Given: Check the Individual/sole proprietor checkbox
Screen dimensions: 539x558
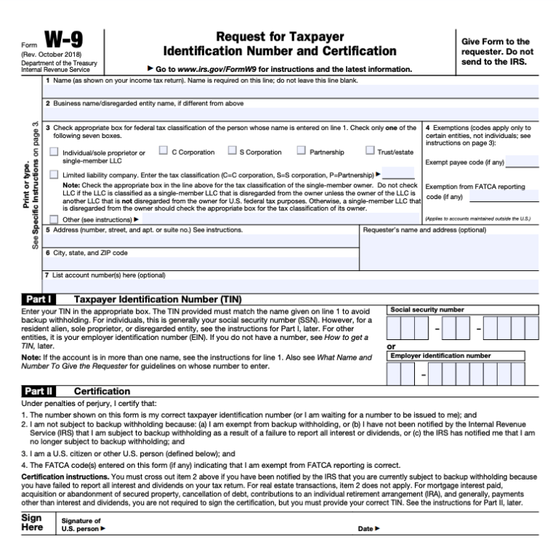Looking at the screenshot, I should pos(54,152).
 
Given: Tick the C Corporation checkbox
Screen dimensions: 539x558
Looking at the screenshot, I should pos(163,151).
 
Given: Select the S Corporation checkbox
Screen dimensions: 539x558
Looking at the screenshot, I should pos(232,151).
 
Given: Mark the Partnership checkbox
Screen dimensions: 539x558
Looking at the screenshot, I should pos(302,151).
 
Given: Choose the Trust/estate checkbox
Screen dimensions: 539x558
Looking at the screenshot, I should pos(371,151).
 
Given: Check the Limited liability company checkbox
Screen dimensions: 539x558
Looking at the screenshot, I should pos(54,175).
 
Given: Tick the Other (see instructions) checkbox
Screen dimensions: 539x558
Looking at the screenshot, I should pos(54,219).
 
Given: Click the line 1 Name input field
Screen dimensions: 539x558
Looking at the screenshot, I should pos(291,92).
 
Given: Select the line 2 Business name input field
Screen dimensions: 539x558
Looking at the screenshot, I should pos(291,113).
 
